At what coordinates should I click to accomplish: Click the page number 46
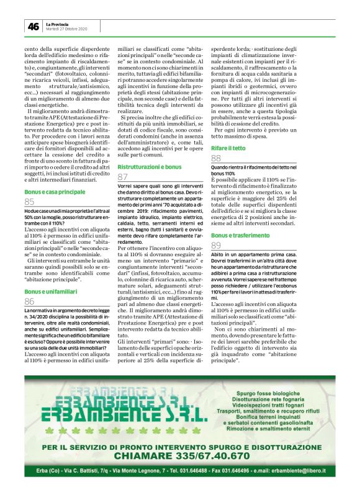coord(32,26)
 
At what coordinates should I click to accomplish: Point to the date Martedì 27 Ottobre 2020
coord(67,29)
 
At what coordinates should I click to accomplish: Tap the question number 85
coord(30,202)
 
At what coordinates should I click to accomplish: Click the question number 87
coord(123,177)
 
